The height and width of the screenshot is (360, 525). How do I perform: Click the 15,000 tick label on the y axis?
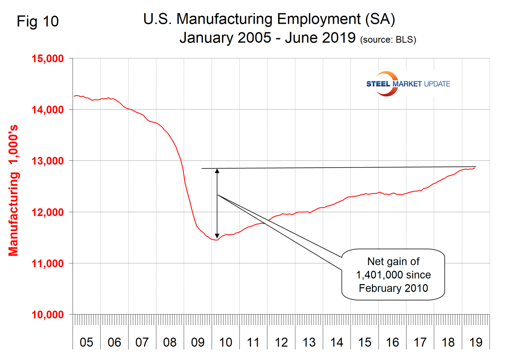point(47,59)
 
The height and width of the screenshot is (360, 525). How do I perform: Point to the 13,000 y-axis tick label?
point(47,161)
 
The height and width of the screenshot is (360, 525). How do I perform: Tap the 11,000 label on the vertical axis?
point(47,264)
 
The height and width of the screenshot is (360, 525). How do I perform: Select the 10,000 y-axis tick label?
point(47,315)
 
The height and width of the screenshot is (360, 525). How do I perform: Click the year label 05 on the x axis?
point(86,342)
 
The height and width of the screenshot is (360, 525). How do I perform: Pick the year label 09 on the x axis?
point(197,342)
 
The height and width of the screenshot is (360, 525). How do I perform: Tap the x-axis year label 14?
point(336,342)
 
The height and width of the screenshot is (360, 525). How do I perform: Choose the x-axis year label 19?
point(475,342)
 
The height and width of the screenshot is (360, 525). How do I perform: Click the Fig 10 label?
point(38,21)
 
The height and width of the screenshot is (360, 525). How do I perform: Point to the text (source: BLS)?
point(388,40)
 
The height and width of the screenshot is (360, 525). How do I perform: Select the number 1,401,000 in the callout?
point(393,275)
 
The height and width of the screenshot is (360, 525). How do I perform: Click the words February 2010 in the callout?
point(393,288)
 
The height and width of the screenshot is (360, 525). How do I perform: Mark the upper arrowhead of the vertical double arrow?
point(217,171)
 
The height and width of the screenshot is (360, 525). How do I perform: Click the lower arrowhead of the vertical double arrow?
point(217,236)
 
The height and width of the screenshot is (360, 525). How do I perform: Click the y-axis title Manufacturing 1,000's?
point(13,191)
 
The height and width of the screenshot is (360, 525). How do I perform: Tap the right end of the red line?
point(475,168)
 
